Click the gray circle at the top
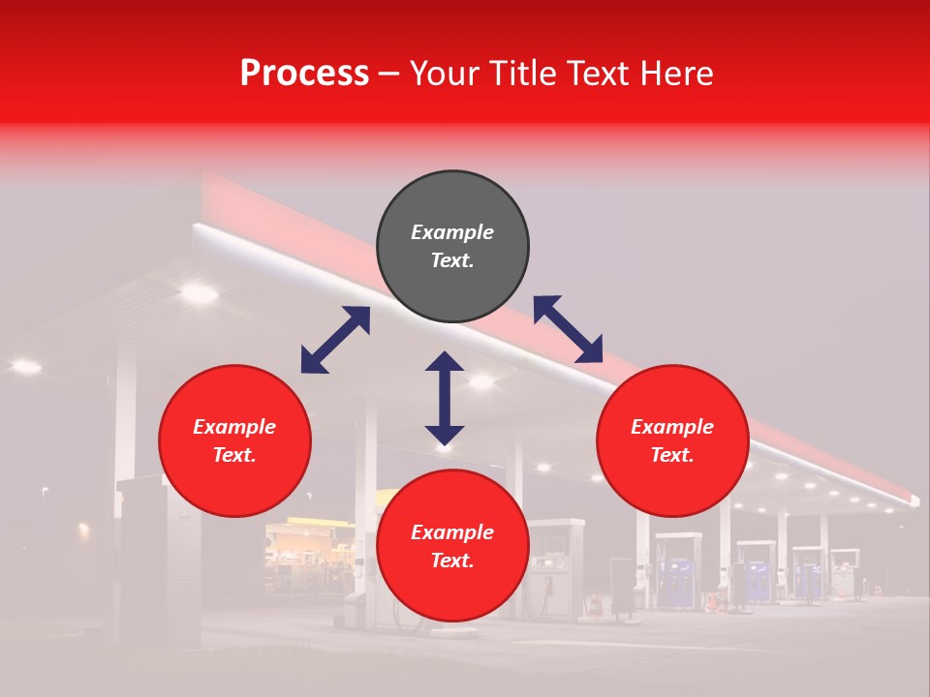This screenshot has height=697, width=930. [x=452, y=247]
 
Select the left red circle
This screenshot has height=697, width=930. [x=234, y=441]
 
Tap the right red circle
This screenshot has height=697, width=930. [x=672, y=441]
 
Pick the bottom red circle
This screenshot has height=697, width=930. [x=452, y=547]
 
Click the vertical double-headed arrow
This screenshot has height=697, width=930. [x=445, y=398]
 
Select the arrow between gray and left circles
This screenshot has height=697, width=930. [x=335, y=340]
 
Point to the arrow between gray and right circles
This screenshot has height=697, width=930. [x=568, y=329]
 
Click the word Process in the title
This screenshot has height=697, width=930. [x=304, y=74]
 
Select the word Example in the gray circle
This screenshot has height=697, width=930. [x=452, y=232]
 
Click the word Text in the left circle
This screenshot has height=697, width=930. [x=234, y=456]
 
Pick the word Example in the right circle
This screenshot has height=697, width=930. [x=672, y=427]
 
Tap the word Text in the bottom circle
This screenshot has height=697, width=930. [x=452, y=561]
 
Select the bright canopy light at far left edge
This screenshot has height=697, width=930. [x=25, y=366]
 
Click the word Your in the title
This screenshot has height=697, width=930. [x=442, y=74]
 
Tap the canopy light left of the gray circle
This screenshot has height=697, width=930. [x=199, y=290]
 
